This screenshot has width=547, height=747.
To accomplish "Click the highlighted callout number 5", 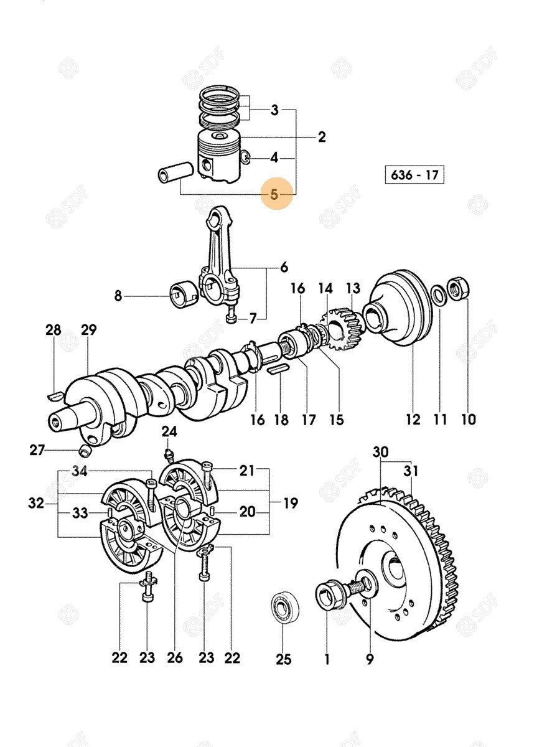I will [x=274, y=194].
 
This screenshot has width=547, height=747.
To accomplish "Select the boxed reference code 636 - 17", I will [x=414, y=175].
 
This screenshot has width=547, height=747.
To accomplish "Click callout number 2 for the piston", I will [x=322, y=138].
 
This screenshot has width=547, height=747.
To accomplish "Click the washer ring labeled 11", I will [x=438, y=294].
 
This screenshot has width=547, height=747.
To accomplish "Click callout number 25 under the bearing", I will [x=283, y=659].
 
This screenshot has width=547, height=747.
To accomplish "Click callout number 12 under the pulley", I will [x=413, y=419].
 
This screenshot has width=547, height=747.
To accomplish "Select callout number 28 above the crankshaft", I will [x=54, y=330].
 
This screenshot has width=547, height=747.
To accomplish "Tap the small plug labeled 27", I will [x=85, y=450].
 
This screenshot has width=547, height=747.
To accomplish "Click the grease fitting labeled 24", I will [x=168, y=453].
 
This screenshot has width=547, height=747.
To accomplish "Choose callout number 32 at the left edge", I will [x=36, y=502].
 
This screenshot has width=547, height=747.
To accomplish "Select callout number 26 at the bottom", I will [x=175, y=657].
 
